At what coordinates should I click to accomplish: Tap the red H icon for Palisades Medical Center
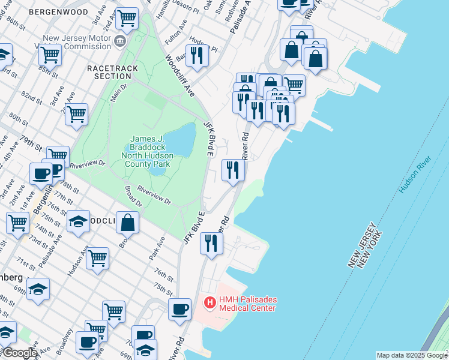(x=209, y=303)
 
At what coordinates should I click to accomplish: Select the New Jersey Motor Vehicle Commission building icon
(x=120, y=41)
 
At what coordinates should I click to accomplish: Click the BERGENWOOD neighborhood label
(x=58, y=11)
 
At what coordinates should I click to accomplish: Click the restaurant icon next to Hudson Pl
(x=196, y=55)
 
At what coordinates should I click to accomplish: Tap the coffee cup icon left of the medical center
(x=179, y=309)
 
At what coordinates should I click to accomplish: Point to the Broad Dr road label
(x=133, y=196)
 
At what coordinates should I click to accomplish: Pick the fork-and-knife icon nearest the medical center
(x=211, y=243)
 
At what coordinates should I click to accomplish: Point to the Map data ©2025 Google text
(x=412, y=355)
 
